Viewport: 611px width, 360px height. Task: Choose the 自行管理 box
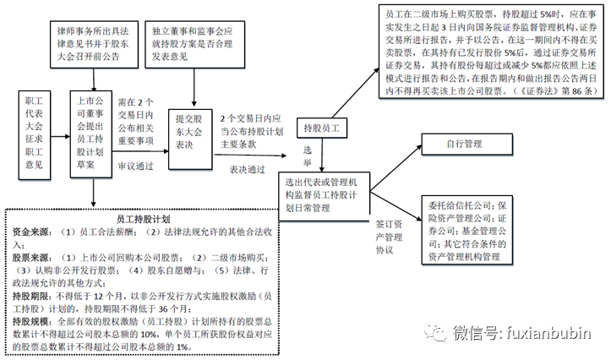(469, 145)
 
